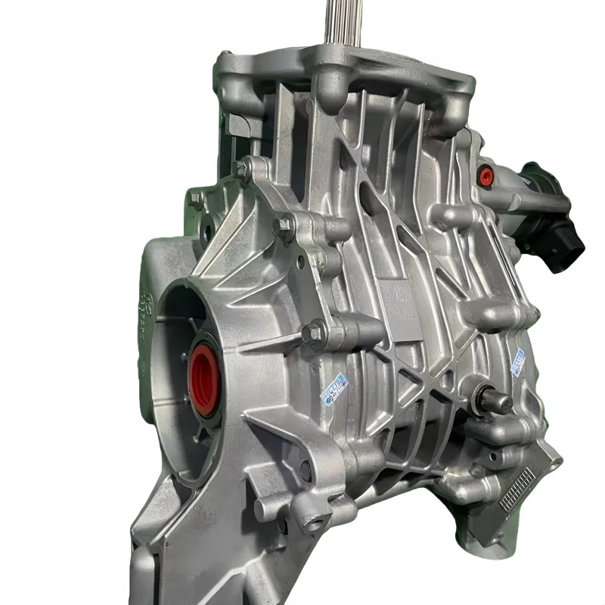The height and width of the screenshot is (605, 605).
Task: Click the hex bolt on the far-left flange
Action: click(196, 201)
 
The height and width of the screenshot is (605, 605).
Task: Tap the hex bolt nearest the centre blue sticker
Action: click(313, 333)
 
